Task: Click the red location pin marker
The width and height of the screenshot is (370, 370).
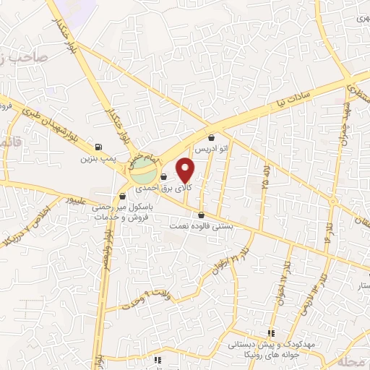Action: point(186,170)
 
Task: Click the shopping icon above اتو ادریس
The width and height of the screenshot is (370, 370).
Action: point(211,137)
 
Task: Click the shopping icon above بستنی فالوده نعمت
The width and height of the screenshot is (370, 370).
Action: point(201,215)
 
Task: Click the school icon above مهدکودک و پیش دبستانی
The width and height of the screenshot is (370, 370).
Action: point(271,334)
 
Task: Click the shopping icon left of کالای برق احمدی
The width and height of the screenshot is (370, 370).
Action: point(164,176)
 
